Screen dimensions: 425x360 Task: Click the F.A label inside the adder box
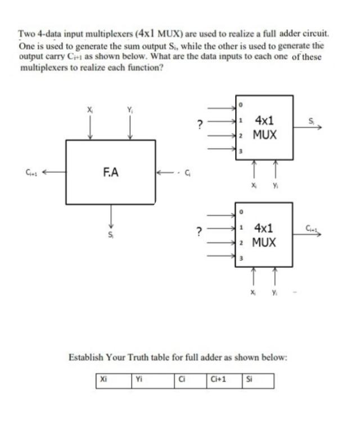pos(111,172)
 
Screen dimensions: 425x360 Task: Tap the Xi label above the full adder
pos(88,109)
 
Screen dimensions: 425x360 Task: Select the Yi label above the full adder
pos(130,109)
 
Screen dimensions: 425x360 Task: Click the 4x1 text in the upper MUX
pos(264,120)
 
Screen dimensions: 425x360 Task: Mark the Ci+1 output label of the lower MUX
pos(312,228)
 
